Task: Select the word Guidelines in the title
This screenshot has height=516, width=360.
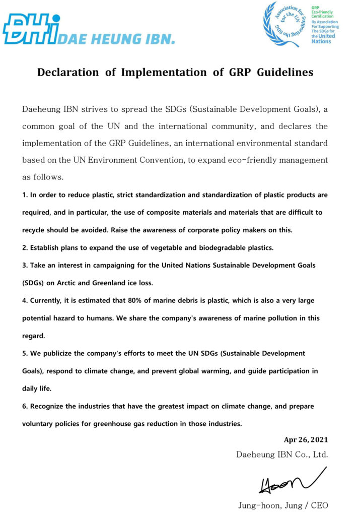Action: pos(285,73)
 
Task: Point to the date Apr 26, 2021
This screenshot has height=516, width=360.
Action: pos(306,440)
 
